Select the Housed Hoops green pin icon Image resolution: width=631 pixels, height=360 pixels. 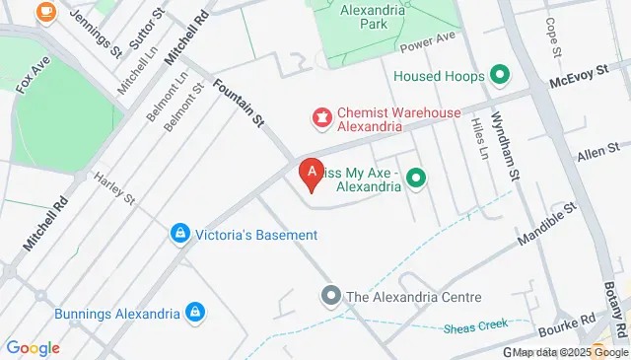click(499, 75)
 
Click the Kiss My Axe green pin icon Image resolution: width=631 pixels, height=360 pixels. click(416, 179)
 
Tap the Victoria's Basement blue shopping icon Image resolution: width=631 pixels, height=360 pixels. click(180, 234)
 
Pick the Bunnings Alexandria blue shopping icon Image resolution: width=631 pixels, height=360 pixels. click(196, 314)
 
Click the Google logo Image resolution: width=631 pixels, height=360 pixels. click(33, 348)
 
